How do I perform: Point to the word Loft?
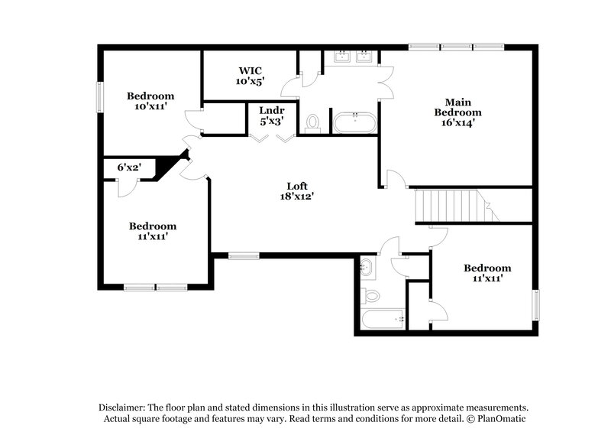tap(298, 186)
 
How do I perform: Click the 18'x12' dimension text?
tap(298, 197)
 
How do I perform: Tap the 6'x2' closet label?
tap(129, 167)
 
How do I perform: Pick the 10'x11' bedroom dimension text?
tap(150, 107)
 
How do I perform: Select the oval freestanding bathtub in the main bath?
tap(353, 122)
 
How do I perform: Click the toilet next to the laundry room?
tap(312, 123)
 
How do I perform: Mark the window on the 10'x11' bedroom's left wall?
tap(99, 98)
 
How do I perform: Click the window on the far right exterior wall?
tap(535, 306)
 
